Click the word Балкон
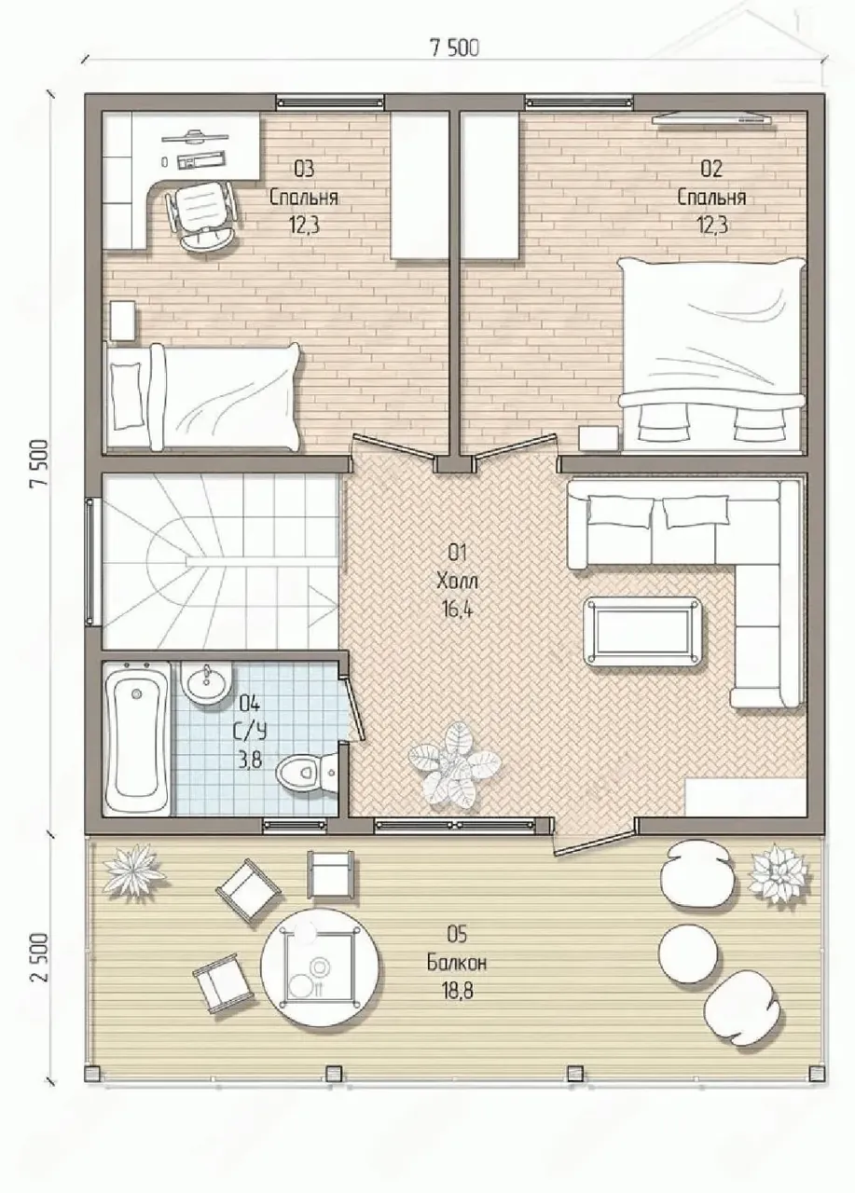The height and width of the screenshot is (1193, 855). pyautogui.click(x=457, y=963)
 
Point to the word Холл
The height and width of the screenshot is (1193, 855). pyautogui.click(x=457, y=582)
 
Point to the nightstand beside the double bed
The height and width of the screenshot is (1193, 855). pyautogui.click(x=599, y=439)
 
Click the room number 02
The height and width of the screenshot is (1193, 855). pyautogui.click(x=711, y=169)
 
